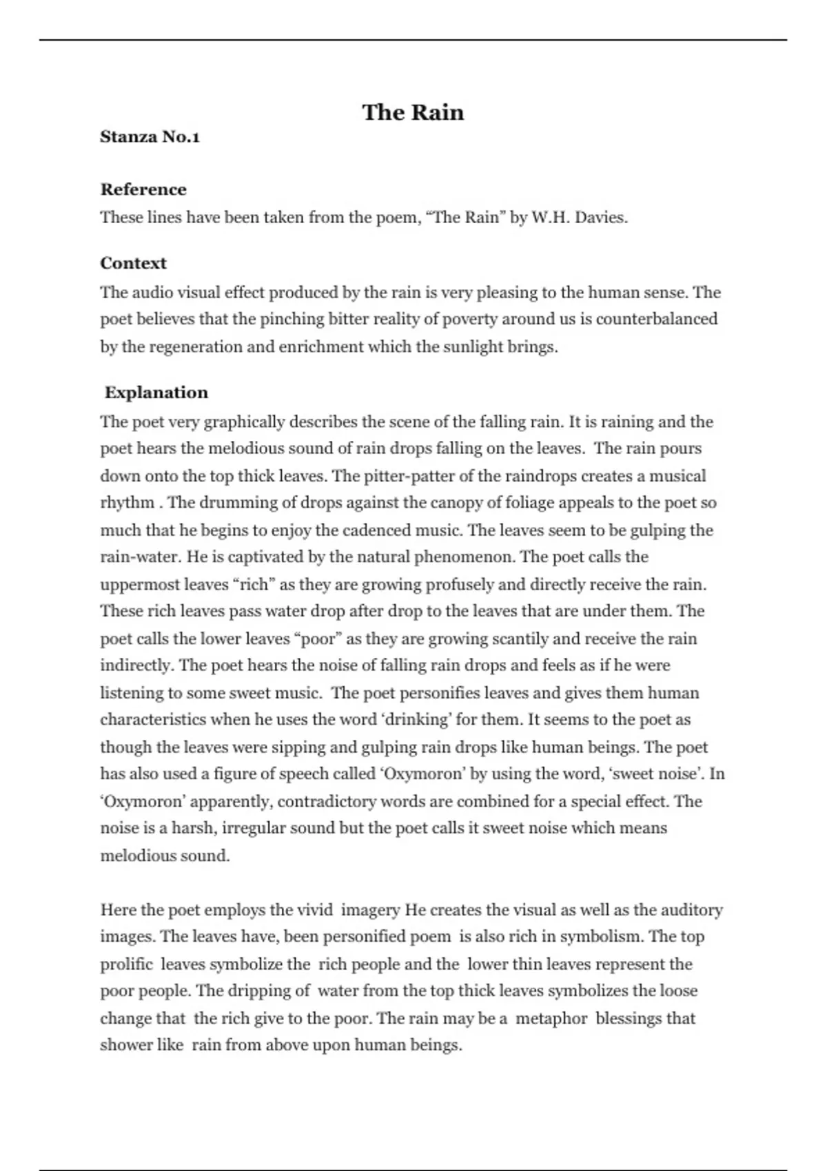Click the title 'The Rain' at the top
pyautogui.click(x=413, y=112)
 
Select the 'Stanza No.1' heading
pyautogui.click(x=150, y=137)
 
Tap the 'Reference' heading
pyautogui.click(x=143, y=189)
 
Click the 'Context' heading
pyautogui.click(x=133, y=263)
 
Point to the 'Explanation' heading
pyautogui.click(x=156, y=393)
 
